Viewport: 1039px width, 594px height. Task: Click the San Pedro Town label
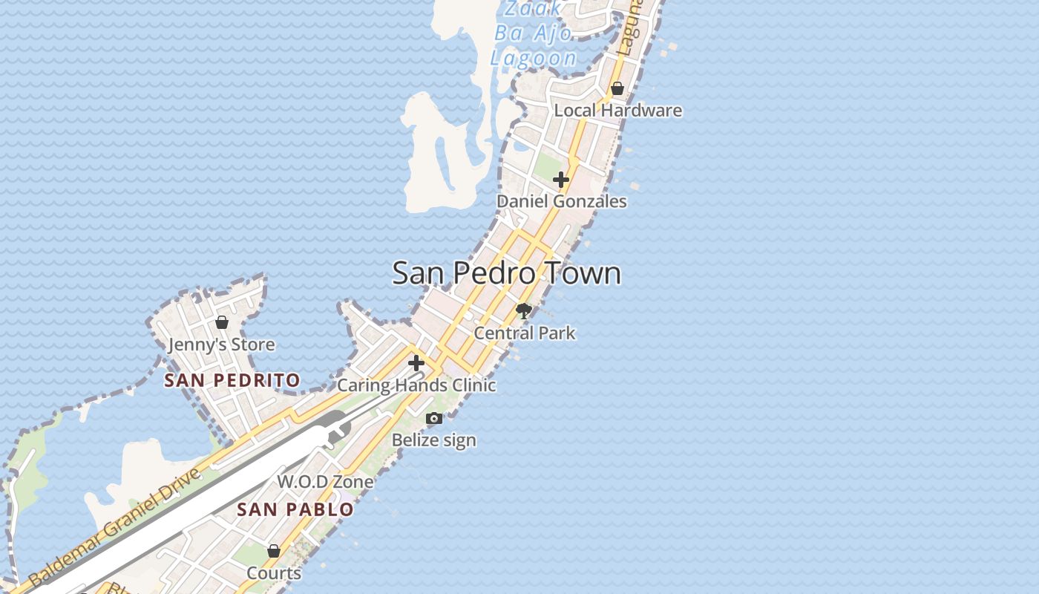(x=506, y=273)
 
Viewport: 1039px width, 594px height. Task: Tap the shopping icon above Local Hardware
(x=617, y=89)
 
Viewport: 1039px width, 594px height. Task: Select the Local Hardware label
(x=617, y=111)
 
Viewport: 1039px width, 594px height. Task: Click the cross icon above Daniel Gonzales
(x=561, y=180)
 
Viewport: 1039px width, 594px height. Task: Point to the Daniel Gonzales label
(x=561, y=201)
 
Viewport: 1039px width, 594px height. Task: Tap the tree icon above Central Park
(x=524, y=311)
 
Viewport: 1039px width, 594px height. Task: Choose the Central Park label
(x=524, y=333)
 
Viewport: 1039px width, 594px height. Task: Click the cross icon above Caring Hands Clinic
(x=416, y=363)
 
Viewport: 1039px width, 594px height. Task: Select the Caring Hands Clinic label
(x=416, y=385)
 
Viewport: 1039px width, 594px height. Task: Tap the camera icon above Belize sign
(x=434, y=419)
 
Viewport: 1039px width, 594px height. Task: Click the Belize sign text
(x=434, y=440)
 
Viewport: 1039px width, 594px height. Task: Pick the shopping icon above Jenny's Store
(x=221, y=322)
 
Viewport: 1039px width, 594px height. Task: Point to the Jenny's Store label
(x=221, y=345)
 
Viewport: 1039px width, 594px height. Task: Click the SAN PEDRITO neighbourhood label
(x=232, y=381)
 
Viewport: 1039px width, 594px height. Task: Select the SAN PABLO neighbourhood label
(x=295, y=510)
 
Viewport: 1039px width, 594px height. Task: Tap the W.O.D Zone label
(x=325, y=482)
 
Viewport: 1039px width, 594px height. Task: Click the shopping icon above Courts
(x=274, y=551)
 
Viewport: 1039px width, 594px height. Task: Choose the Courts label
(x=274, y=573)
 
